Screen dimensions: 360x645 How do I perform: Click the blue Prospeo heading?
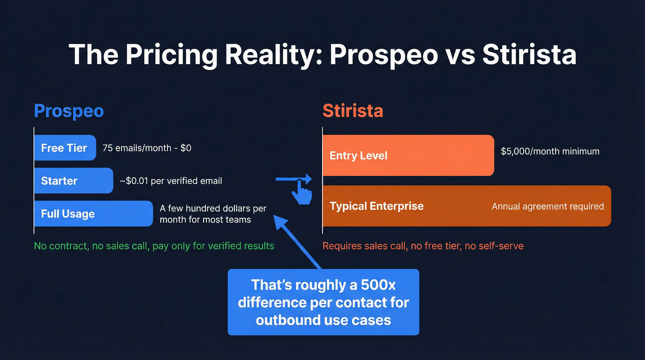pyautogui.click(x=69, y=111)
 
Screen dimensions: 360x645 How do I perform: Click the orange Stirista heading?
pyautogui.click(x=352, y=111)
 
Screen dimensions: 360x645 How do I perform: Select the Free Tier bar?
pyautogui.click(x=64, y=148)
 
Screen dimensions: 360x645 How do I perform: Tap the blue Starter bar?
pyautogui.click(x=73, y=181)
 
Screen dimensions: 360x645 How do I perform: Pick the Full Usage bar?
pyautogui.click(x=93, y=214)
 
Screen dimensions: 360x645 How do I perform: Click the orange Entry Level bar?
pyautogui.click(x=408, y=155)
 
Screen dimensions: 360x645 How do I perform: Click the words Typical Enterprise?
pyautogui.click(x=376, y=206)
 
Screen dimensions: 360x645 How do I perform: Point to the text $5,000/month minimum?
pyautogui.click(x=550, y=151)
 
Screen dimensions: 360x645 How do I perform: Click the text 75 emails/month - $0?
pyautogui.click(x=147, y=148)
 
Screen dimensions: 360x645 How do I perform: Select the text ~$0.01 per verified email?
pyautogui.click(x=171, y=181)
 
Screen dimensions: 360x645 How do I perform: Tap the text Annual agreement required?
pyautogui.click(x=547, y=206)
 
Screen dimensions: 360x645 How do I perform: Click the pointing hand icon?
pyautogui.click(x=302, y=192)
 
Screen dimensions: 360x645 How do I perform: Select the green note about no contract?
pyautogui.click(x=154, y=246)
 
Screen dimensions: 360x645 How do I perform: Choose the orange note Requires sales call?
pyautogui.click(x=422, y=246)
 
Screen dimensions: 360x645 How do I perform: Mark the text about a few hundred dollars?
pyautogui.click(x=213, y=214)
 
